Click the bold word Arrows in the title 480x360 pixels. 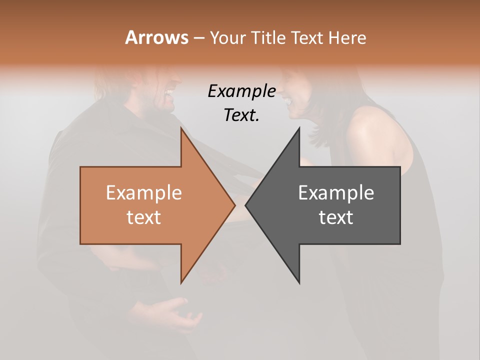click(x=156, y=37)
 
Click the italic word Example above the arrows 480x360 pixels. click(x=241, y=91)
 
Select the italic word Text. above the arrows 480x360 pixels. click(x=241, y=115)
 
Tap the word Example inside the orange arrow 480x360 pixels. click(x=144, y=193)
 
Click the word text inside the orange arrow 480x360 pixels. click(x=144, y=217)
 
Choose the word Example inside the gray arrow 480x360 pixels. click(x=336, y=193)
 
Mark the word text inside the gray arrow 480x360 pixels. click(x=336, y=217)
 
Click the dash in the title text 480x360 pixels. click(x=198, y=38)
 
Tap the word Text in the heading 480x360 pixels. click(x=306, y=37)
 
